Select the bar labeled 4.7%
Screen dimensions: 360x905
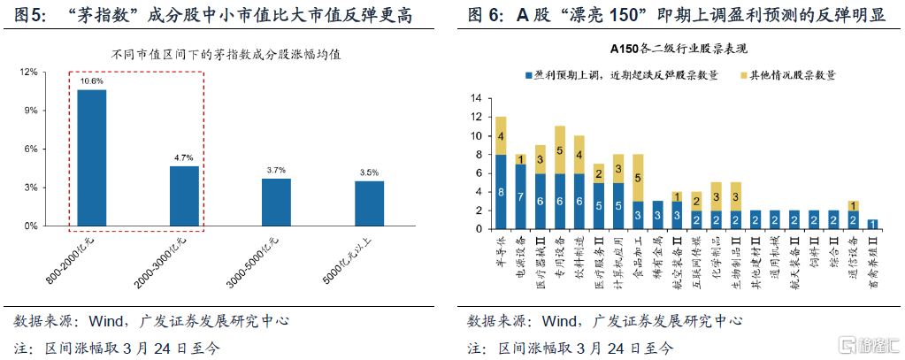(184, 195)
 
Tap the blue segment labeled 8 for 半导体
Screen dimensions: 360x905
(501, 193)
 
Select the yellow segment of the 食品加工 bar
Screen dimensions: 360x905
(637, 178)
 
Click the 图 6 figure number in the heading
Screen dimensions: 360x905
(487, 15)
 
